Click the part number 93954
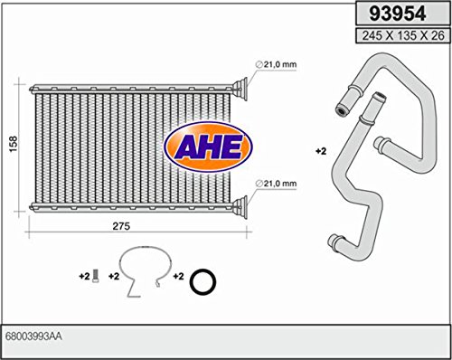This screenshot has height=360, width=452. tap(398, 14)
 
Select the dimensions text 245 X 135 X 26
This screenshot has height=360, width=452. tap(403, 35)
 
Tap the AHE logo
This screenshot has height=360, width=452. tap(208, 147)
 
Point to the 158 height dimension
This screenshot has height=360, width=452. tap(14, 144)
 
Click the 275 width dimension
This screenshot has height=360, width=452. tap(121, 226)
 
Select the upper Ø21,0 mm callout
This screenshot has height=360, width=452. tap(276, 64)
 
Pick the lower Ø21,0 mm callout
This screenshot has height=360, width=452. tap(276, 184)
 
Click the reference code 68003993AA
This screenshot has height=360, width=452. tap(33, 336)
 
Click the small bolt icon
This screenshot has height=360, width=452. tap(96, 277)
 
